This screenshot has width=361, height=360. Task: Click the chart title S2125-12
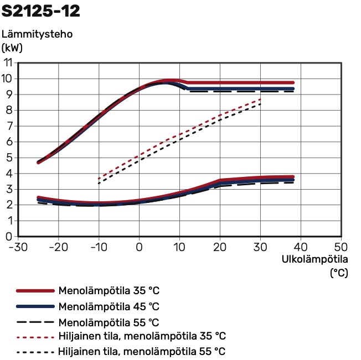pyautogui.click(x=40, y=11)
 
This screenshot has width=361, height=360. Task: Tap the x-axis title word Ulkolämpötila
pyautogui.click(x=314, y=259)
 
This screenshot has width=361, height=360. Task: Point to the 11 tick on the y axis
pyautogui.click(x=8, y=62)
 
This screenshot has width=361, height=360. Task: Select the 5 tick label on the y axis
pyautogui.click(x=8, y=158)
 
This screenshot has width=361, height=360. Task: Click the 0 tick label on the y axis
pyautogui.click(x=8, y=237)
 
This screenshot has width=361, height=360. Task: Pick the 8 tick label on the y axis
pyautogui.click(x=8, y=110)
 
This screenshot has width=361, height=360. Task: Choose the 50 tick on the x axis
pyautogui.click(x=341, y=247)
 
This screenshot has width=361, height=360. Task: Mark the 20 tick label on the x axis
pyautogui.click(x=220, y=247)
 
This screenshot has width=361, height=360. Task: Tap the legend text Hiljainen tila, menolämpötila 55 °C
pyautogui.click(x=142, y=352)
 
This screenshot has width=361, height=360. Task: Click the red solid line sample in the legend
pyautogui.click(x=35, y=291)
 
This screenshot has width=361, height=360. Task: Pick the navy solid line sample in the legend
pyautogui.click(x=35, y=306)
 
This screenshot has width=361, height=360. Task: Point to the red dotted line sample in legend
pyautogui.click(x=35, y=337)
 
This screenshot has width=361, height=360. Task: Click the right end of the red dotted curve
pyautogui.click(x=260, y=100)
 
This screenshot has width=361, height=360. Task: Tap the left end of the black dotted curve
pyautogui.click(x=99, y=183)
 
